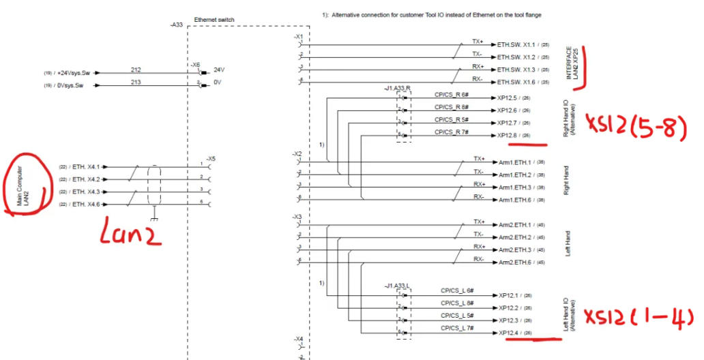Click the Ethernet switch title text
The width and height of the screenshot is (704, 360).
point(214,20)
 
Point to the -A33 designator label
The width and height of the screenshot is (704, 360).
point(176,25)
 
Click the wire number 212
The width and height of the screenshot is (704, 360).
point(136,70)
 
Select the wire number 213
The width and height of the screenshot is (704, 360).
point(136,82)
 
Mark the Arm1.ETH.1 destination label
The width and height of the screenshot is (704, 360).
point(516,163)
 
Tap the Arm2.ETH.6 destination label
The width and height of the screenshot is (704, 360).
point(516,262)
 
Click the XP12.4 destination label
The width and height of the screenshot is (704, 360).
point(509,333)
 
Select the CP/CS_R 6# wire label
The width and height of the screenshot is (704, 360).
point(450,95)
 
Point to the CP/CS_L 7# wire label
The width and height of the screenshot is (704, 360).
point(457,329)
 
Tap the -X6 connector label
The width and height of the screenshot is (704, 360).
point(195,64)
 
